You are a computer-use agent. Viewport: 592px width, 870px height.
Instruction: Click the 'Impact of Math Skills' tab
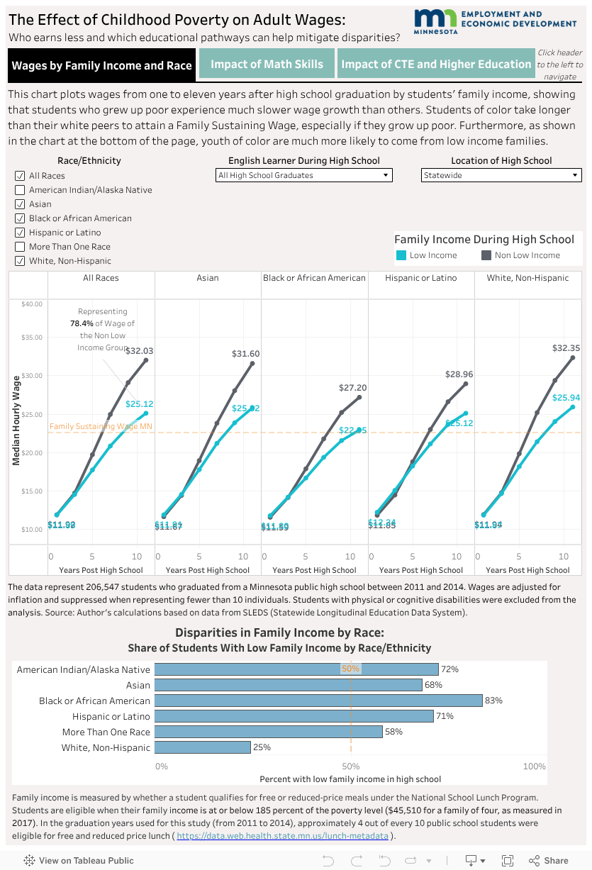[267, 64]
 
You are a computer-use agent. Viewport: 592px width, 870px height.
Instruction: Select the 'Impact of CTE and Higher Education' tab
[436, 64]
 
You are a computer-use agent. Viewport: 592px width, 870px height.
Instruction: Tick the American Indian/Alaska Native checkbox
[20, 190]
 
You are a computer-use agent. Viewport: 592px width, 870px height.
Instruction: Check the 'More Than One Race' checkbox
[20, 247]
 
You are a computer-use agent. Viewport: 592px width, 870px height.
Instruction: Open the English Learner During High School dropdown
[304, 175]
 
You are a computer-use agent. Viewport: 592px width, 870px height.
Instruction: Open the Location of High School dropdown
[501, 175]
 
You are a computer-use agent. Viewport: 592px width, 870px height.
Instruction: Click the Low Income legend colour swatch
[401, 255]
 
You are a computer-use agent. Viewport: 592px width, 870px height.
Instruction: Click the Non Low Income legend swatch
[486, 255]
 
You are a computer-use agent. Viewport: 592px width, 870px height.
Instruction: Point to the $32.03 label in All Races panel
[139, 350]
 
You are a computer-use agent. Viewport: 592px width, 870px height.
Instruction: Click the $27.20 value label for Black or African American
[352, 388]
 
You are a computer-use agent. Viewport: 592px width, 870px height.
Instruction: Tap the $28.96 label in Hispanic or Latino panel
[459, 374]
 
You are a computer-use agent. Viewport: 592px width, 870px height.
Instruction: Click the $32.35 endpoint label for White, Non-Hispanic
[566, 348]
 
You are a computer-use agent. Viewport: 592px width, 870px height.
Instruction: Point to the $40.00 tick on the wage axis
[32, 304]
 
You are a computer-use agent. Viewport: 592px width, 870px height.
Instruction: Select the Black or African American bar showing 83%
[318, 701]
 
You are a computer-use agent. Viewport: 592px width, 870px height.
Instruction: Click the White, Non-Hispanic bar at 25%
[202, 747]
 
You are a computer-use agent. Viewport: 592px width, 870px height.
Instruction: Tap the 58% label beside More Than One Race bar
[393, 732]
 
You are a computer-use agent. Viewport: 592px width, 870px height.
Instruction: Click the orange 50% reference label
[350, 669]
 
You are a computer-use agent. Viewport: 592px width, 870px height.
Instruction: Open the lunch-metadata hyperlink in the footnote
[282, 836]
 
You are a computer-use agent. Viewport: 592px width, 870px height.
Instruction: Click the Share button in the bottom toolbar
[549, 861]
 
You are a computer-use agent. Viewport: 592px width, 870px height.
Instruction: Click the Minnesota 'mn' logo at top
[435, 23]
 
